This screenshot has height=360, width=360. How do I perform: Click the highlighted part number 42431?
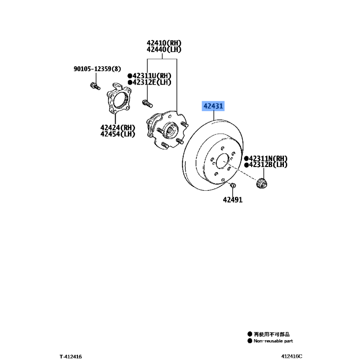[213, 106]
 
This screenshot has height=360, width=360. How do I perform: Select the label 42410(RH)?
[164, 43]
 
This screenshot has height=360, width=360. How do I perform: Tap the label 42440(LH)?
[164, 49]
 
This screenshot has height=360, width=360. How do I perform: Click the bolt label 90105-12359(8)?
[97, 69]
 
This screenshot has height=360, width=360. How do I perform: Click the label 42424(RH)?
[117, 128]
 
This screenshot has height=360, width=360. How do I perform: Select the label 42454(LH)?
[117, 134]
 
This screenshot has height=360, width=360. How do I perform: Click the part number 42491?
[233, 200]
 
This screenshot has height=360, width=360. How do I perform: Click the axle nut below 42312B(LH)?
[261, 183]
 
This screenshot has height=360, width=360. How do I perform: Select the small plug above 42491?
[233, 185]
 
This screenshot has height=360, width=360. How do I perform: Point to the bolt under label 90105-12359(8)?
[95, 86]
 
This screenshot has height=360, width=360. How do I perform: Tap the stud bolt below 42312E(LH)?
[148, 103]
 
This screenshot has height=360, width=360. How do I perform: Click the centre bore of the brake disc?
[223, 161]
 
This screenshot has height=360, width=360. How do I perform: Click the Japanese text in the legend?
[272, 334]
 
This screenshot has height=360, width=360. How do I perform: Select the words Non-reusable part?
[273, 341]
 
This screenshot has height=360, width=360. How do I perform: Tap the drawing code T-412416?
[71, 356]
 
